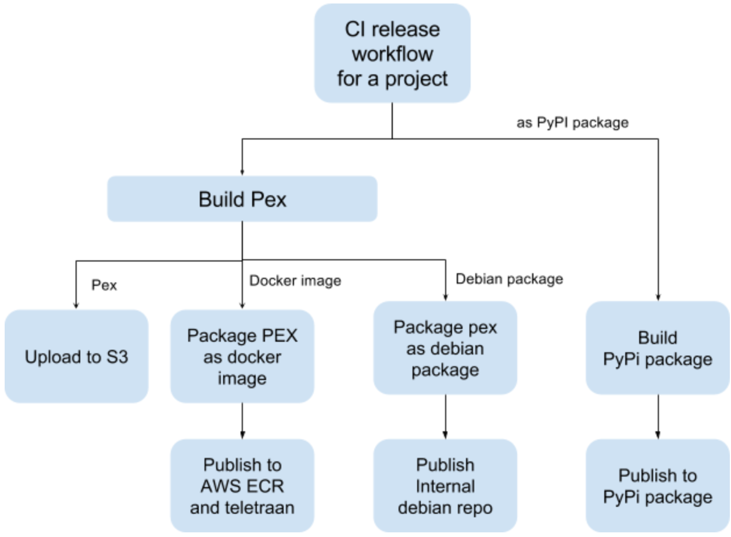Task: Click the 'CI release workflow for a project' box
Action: point(392,53)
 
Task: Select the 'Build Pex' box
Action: point(242,199)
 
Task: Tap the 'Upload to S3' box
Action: point(76,356)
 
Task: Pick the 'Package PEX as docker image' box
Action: point(242,356)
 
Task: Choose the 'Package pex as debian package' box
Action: point(445,348)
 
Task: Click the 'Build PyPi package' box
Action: point(658,348)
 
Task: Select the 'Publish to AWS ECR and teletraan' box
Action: point(242,486)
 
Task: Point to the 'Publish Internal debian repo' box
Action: point(445,486)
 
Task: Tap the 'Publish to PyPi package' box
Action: point(658,486)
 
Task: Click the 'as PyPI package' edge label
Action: point(572,123)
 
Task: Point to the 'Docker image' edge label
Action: point(295,281)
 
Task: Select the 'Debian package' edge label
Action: point(509,279)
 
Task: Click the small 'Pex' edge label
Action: point(104,285)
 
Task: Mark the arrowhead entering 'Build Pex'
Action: point(242,173)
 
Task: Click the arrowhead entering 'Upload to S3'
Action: point(76,305)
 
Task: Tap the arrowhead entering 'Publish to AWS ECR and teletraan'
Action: point(242,435)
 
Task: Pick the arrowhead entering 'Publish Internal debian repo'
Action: point(445,435)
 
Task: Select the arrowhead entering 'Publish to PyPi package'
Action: point(658,435)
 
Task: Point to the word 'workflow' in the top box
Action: point(393,54)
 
